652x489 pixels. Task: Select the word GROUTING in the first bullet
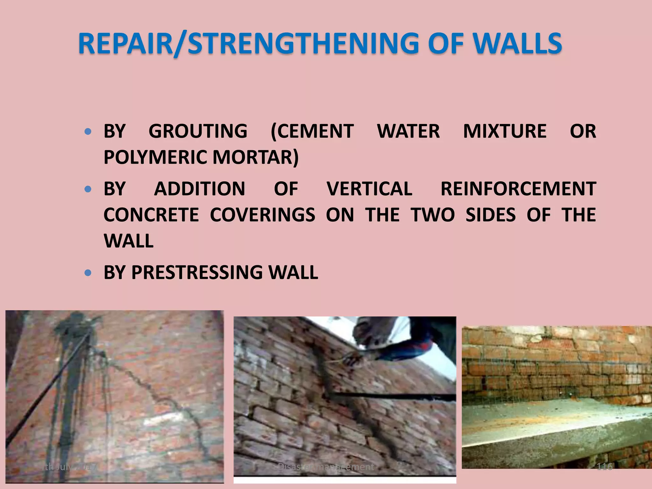198,131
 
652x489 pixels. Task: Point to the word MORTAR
256,157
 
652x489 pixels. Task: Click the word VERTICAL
369,189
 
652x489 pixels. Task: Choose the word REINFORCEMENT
518,189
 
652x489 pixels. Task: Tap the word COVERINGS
262,215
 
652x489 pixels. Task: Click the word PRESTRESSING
197,273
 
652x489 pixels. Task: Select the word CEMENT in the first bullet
312,131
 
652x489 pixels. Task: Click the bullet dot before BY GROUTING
88,131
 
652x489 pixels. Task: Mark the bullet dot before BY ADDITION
88,189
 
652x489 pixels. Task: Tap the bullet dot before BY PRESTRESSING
88,273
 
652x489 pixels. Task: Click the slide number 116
604,467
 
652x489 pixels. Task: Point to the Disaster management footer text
326,467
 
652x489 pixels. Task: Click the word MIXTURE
505,131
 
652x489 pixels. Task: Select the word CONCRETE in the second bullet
151,215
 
